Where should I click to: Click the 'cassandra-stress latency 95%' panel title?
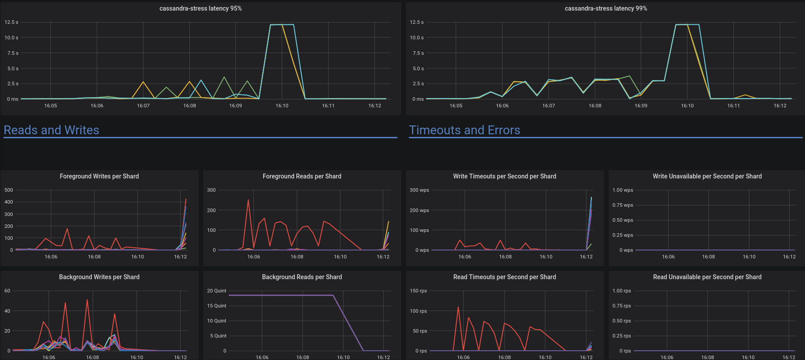click(200, 8)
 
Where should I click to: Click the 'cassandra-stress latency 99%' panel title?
click(606, 8)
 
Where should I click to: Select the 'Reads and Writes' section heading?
click(51, 130)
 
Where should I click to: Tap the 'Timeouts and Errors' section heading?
click(465, 130)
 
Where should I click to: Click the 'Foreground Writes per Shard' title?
click(99, 176)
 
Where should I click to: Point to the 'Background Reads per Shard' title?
click(302, 277)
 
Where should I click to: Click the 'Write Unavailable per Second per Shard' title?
click(707, 176)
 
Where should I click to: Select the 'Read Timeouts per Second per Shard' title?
click(505, 277)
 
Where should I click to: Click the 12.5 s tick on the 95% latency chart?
click(11, 22)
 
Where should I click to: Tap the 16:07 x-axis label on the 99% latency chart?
click(548, 106)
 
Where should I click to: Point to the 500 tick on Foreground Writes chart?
click(9, 190)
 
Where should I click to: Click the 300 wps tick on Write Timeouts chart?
click(420, 190)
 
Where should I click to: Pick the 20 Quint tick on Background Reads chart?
click(217, 291)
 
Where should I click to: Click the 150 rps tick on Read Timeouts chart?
click(419, 291)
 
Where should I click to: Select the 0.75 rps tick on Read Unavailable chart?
click(622, 306)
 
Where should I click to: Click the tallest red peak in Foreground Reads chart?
click(248, 200)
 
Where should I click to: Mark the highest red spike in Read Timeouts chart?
click(458, 307)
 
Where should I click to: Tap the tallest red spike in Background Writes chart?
click(87, 300)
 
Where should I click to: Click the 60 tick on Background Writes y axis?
click(8, 291)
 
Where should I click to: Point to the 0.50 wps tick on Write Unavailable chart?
click(623, 220)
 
